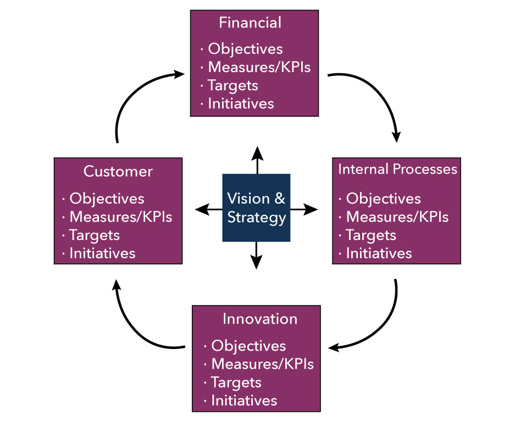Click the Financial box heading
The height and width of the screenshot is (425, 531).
(x=250, y=23)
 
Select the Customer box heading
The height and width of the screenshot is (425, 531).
(x=118, y=171)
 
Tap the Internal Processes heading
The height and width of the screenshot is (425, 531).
(x=397, y=169)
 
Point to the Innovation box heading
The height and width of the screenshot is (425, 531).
(x=260, y=319)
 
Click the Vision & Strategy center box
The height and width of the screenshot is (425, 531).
(x=256, y=208)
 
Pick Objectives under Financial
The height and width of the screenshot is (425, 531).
(x=245, y=49)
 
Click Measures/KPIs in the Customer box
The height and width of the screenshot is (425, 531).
(x=120, y=216)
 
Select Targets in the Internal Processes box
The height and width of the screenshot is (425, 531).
(x=371, y=235)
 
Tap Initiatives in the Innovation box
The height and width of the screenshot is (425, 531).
(x=244, y=400)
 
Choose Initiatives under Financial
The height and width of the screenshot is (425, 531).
(x=241, y=103)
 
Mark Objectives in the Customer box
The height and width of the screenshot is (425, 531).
(x=107, y=198)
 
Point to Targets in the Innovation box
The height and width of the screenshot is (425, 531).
(x=236, y=382)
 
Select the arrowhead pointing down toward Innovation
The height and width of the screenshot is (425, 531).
(x=257, y=263)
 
